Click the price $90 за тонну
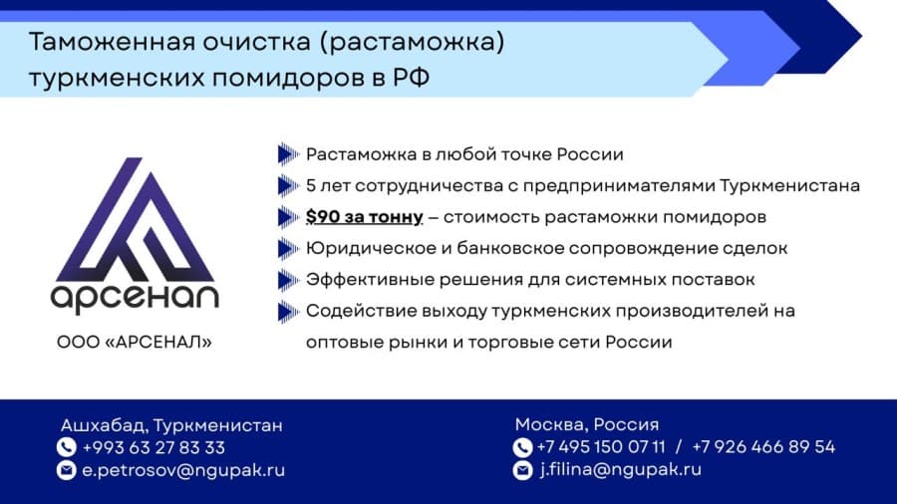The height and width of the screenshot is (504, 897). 365,216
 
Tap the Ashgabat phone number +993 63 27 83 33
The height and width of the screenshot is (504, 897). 153,447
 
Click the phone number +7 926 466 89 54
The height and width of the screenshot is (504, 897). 763,447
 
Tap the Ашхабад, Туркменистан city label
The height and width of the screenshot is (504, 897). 171,425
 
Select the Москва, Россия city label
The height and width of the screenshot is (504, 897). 587,424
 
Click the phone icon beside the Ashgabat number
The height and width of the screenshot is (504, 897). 67,447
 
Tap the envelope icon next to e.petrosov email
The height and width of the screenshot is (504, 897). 67,470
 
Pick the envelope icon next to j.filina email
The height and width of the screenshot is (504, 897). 522,470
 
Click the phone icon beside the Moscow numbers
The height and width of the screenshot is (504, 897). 522,447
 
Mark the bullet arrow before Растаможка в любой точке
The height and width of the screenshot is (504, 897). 288,153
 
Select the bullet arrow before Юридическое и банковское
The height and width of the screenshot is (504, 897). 288,248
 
